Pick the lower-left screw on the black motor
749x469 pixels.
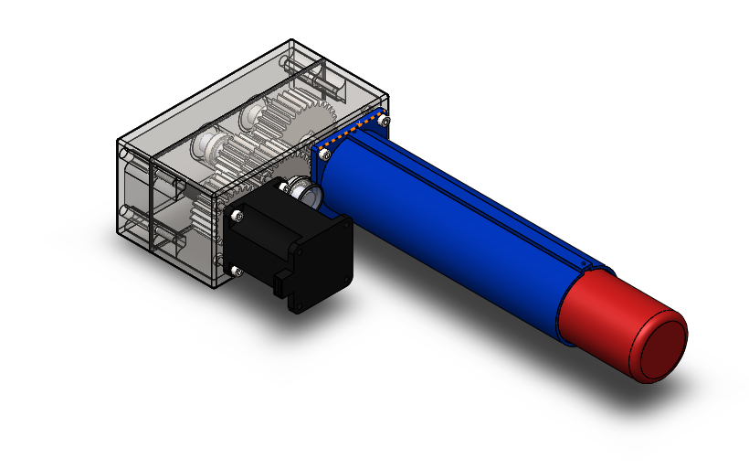(x=237, y=270)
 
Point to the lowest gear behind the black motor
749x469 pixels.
(x=203, y=219)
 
